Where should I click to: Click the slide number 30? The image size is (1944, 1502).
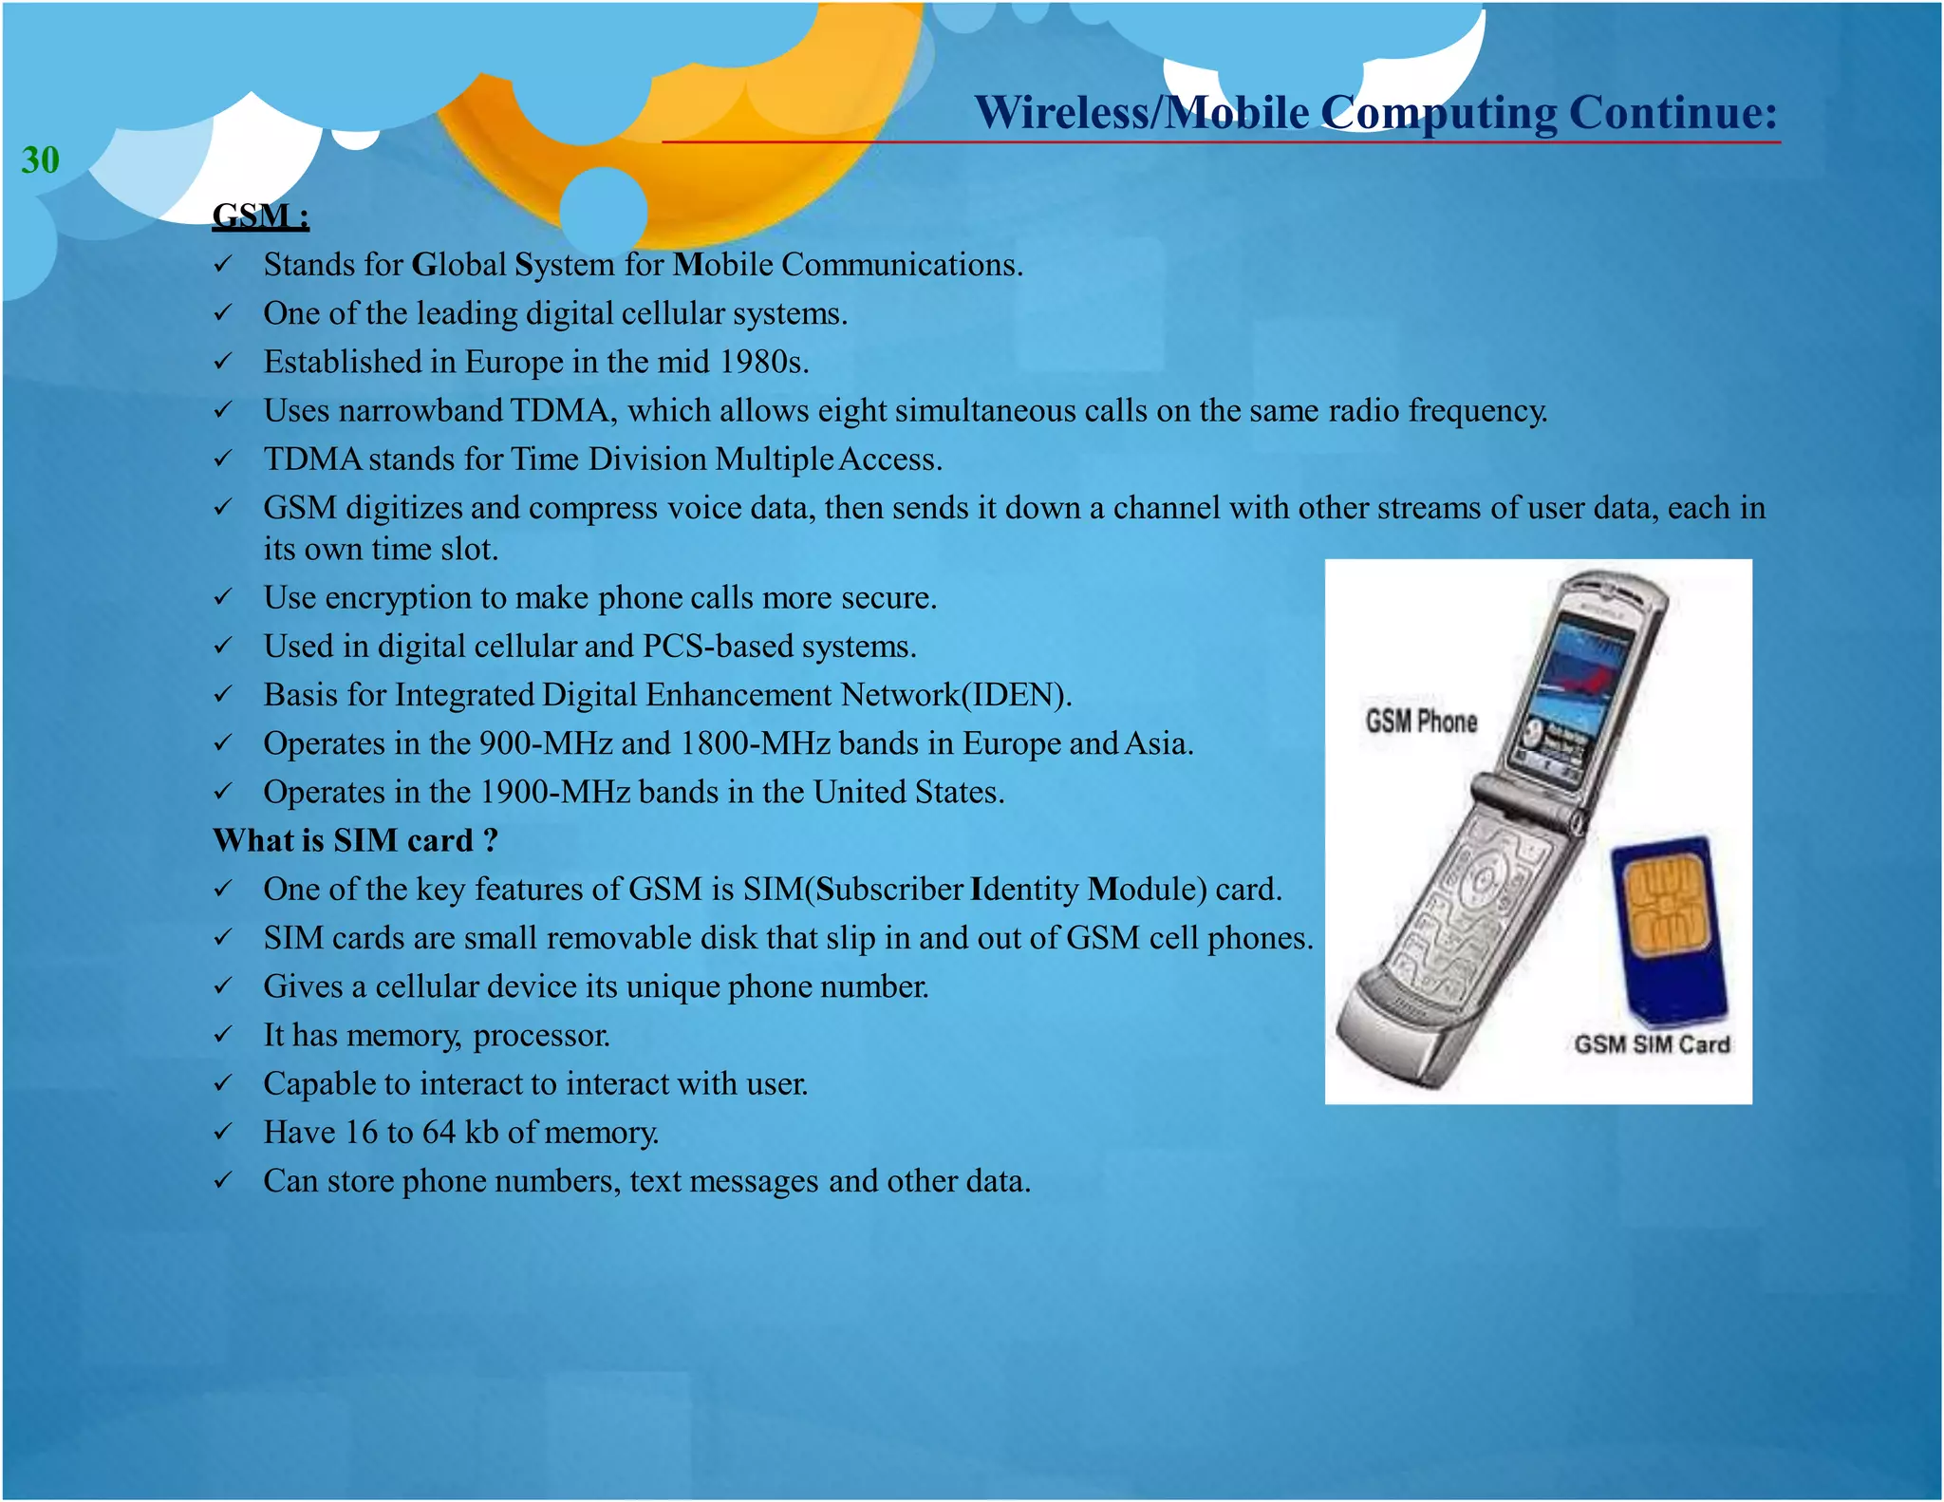click(40, 160)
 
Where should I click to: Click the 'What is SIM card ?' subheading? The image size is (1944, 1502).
click(355, 840)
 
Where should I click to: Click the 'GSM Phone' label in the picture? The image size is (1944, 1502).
click(1421, 722)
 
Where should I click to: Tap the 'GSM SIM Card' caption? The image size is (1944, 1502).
click(1652, 1044)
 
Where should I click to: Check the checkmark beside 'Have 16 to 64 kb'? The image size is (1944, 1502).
click(222, 1132)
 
